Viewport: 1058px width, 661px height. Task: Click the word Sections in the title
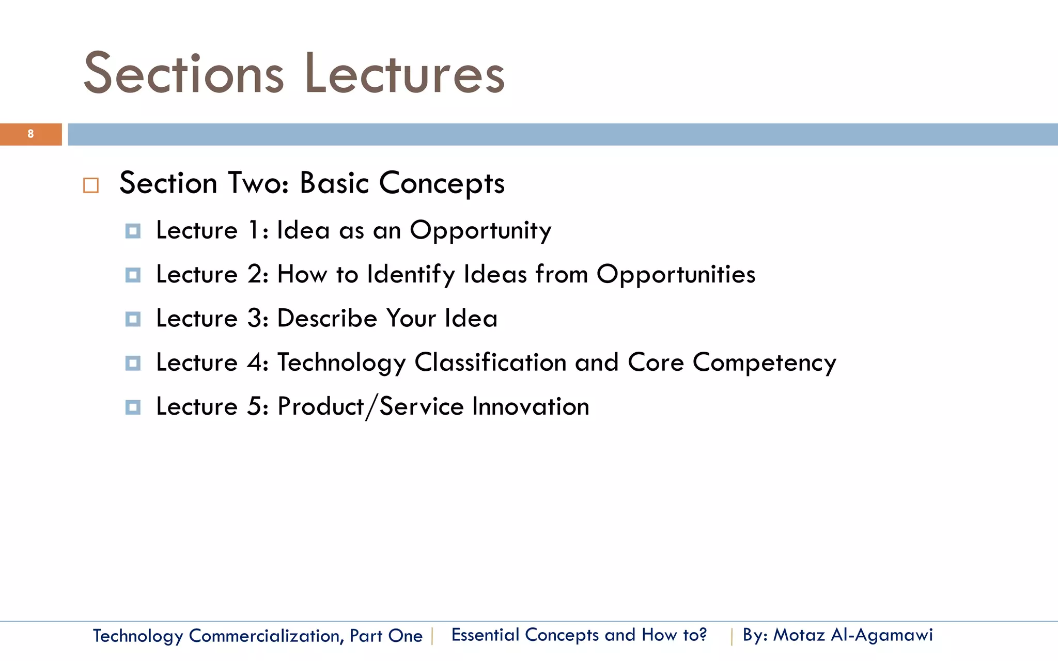click(183, 74)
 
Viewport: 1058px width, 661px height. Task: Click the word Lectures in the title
click(404, 74)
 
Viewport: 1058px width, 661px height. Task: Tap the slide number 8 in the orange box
click(30, 134)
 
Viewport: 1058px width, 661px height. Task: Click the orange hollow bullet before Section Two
click(91, 185)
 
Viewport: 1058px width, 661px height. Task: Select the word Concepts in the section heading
click(442, 184)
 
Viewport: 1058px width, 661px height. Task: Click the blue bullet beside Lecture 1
click(133, 231)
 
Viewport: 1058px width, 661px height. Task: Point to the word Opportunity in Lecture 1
click(480, 231)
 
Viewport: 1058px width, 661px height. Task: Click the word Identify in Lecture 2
click(411, 275)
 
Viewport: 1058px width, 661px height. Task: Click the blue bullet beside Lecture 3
click(133, 319)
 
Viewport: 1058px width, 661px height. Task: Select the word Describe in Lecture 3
click(327, 318)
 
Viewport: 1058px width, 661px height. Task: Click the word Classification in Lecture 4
click(490, 363)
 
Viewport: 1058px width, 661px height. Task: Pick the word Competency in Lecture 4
click(764, 363)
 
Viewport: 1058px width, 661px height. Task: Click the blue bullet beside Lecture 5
click(133, 407)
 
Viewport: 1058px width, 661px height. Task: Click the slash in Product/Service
click(372, 407)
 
